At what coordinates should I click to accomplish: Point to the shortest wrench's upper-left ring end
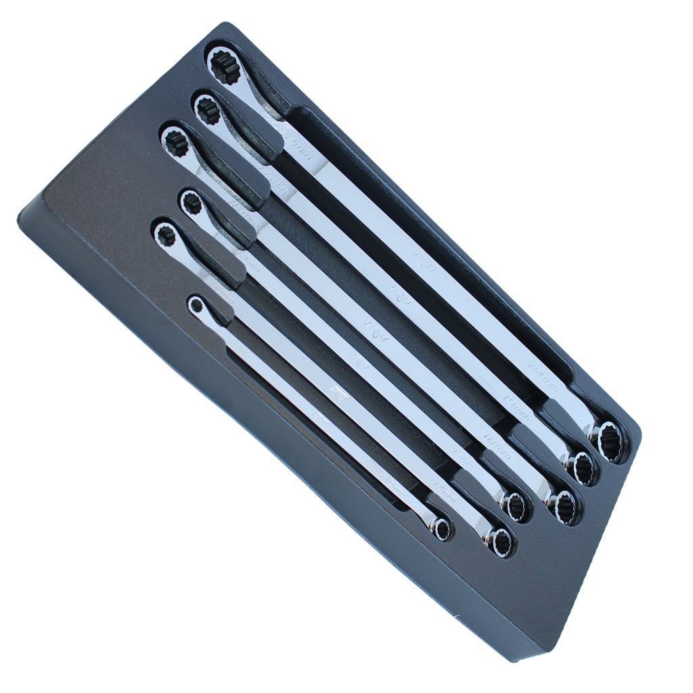[x=196, y=305]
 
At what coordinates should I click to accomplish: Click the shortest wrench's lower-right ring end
[x=443, y=529]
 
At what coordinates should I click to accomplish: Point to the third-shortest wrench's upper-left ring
[x=192, y=202]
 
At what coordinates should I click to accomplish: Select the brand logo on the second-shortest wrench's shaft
[x=335, y=393]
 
